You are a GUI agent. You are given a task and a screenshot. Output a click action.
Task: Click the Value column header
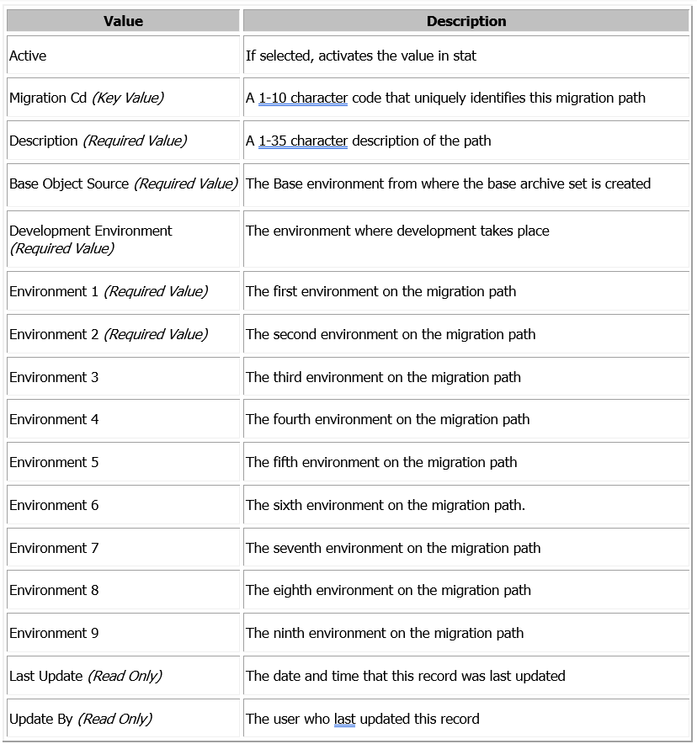coord(123,21)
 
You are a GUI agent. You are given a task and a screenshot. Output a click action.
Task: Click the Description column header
coord(466,21)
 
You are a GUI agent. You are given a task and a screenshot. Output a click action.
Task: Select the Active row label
coord(28,56)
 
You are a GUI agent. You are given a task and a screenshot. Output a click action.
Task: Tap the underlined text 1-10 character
coord(303,98)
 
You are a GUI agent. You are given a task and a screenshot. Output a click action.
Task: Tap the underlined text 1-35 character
coord(303,141)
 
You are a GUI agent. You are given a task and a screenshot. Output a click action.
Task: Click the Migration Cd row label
coord(48,98)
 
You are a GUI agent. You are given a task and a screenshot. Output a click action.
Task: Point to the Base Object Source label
coord(69,183)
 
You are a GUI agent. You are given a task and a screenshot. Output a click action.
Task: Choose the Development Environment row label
coord(90,231)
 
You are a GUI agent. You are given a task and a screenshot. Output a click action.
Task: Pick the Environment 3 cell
coord(54,377)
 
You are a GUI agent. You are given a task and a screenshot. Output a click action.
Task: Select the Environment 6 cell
coord(54,505)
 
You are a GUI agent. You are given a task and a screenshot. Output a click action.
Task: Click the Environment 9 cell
coord(54,633)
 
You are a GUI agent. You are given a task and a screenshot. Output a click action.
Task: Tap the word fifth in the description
coord(285,462)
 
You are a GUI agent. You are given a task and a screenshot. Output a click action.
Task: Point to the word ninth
coord(289,633)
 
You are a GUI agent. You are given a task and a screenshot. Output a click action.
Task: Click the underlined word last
coord(344,719)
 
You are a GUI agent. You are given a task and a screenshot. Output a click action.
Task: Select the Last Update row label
coord(46,676)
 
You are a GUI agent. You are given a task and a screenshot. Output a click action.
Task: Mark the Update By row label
coord(41,719)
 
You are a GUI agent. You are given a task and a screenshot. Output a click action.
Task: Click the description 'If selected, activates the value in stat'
coord(361,56)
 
